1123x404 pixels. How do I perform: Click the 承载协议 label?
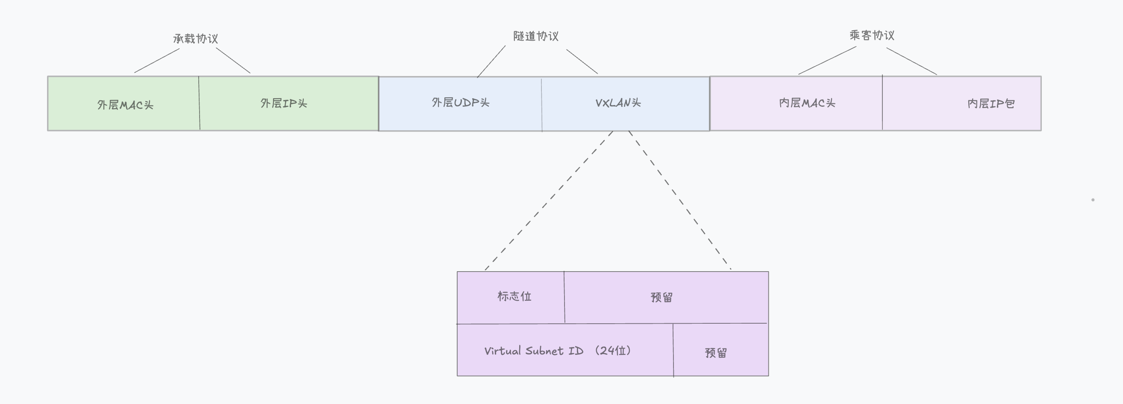(195, 39)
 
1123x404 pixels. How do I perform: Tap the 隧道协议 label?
(536, 36)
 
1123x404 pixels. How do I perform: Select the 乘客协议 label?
(872, 35)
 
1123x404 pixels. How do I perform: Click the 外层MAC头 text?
(125, 105)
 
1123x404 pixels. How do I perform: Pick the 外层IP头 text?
(284, 103)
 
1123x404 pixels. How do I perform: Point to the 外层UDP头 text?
(460, 102)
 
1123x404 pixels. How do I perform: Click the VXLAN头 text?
(618, 103)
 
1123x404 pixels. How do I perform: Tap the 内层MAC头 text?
(807, 103)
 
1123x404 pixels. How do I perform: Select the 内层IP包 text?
(991, 104)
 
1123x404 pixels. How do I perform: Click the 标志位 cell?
(514, 296)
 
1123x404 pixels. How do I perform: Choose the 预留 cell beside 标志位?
(661, 297)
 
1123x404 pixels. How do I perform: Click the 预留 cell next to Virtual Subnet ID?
(716, 353)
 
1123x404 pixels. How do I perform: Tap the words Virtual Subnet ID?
(534, 351)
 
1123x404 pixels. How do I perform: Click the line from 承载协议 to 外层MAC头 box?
(157, 61)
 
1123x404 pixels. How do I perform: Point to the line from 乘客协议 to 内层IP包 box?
(911, 61)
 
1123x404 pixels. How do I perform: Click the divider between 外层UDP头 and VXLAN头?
(541, 105)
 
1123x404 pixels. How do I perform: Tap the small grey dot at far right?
(1093, 199)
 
